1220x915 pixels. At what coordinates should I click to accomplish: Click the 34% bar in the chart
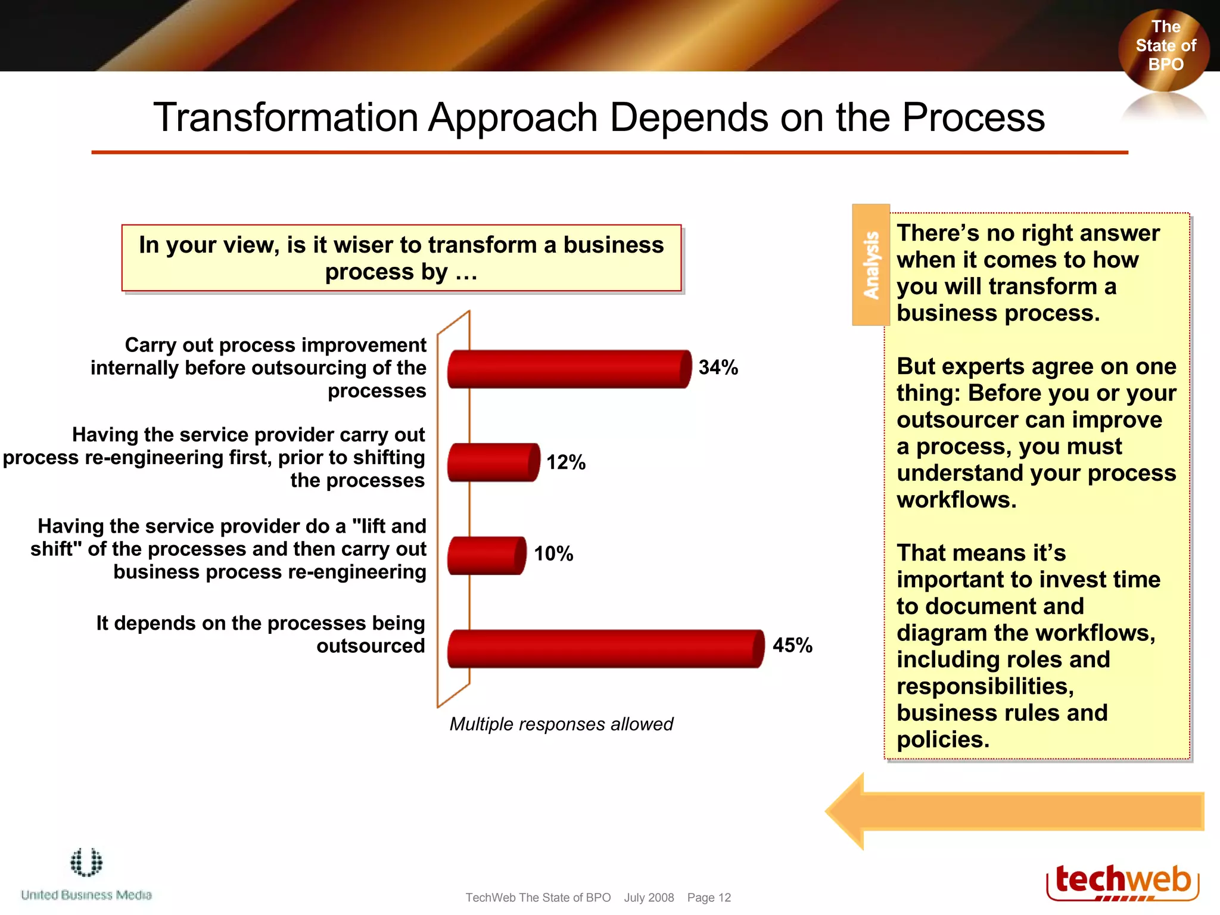tap(569, 369)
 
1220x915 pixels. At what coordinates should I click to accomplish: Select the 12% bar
tap(493, 462)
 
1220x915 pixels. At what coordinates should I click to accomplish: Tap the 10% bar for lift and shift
tap(486, 555)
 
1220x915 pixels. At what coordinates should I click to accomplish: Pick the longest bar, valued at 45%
tap(605, 648)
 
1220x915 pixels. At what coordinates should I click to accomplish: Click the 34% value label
tap(718, 368)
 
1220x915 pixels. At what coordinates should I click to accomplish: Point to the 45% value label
tap(792, 645)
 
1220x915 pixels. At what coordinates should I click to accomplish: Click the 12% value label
tap(566, 462)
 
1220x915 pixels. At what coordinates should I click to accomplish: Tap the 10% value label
tap(553, 554)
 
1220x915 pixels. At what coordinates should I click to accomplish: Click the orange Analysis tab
tap(871, 265)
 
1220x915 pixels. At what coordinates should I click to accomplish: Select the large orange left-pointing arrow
tap(1013, 811)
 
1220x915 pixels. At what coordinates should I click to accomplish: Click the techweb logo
tap(1122, 882)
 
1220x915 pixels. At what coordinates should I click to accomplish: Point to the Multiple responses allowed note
tap(561, 724)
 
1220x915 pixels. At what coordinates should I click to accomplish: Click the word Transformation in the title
tap(286, 117)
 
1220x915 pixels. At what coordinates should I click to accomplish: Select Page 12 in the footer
tap(708, 898)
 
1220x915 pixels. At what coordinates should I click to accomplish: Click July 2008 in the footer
tap(649, 898)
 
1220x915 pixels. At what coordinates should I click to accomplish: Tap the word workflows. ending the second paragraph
tap(956, 500)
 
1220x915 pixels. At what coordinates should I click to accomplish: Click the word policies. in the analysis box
tap(942, 740)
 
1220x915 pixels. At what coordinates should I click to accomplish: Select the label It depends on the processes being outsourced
tap(260, 634)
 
